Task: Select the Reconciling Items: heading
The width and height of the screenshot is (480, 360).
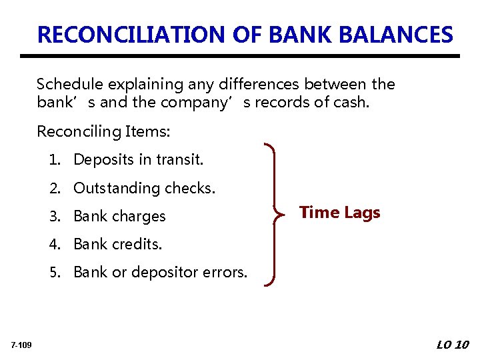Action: (x=103, y=132)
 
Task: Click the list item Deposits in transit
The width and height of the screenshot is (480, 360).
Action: (x=138, y=160)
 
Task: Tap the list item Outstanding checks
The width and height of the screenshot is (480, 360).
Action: (x=145, y=189)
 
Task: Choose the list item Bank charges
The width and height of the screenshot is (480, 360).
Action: (x=119, y=217)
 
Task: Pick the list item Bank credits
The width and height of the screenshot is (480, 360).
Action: (x=117, y=245)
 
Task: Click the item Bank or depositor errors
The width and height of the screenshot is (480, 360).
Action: (x=160, y=273)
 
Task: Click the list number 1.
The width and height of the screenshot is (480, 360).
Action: (x=53, y=160)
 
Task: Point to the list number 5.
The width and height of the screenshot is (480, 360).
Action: (x=53, y=273)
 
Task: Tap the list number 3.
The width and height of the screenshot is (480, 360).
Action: (x=53, y=217)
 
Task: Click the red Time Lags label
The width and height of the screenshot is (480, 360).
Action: (x=339, y=213)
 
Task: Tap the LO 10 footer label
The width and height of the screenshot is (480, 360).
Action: (x=453, y=345)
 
